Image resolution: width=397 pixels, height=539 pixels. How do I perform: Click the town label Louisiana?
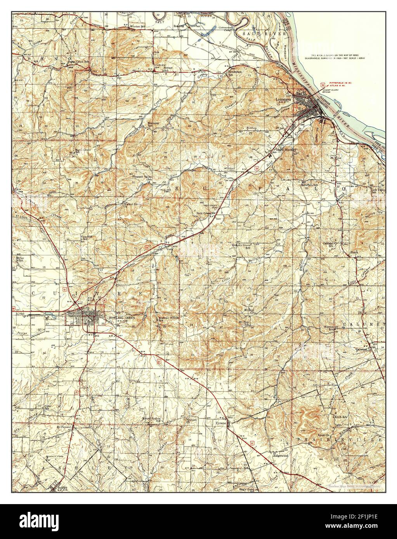point(284,99)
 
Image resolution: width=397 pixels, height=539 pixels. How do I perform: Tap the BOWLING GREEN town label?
point(118,317)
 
